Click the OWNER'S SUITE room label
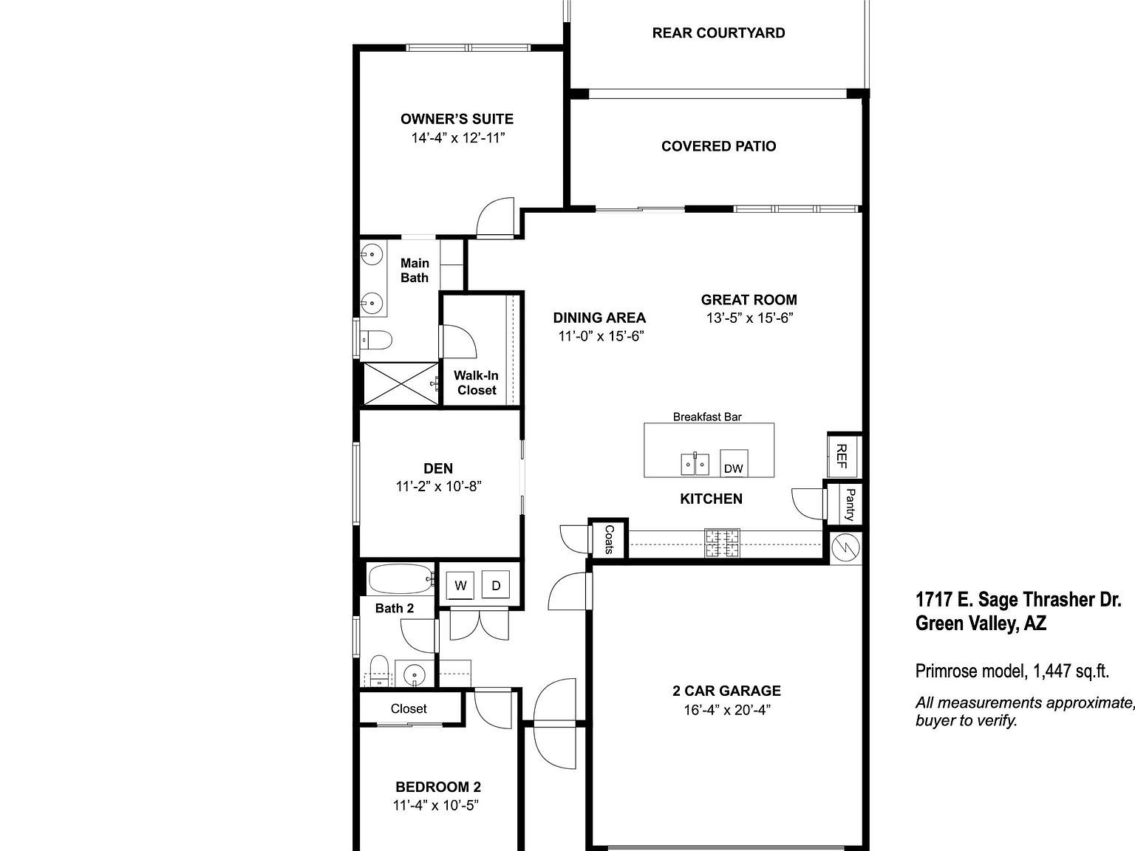pyautogui.click(x=457, y=119)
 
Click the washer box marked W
pyautogui.click(x=461, y=585)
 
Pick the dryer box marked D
pyautogui.click(x=496, y=585)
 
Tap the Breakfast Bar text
pyautogui.click(x=706, y=417)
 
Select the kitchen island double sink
pyautogui.click(x=694, y=465)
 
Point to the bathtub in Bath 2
pyautogui.click(x=400, y=579)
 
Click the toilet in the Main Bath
pyautogui.click(x=377, y=340)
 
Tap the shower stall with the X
pyautogui.click(x=400, y=383)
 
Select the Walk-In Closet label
pyautogui.click(x=476, y=383)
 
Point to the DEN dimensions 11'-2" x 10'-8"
pyautogui.click(x=439, y=486)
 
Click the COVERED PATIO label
pyautogui.click(x=718, y=146)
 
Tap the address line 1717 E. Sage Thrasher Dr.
pyautogui.click(x=1018, y=599)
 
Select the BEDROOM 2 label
pyautogui.click(x=438, y=787)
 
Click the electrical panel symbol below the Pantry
pyautogui.click(x=845, y=547)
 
